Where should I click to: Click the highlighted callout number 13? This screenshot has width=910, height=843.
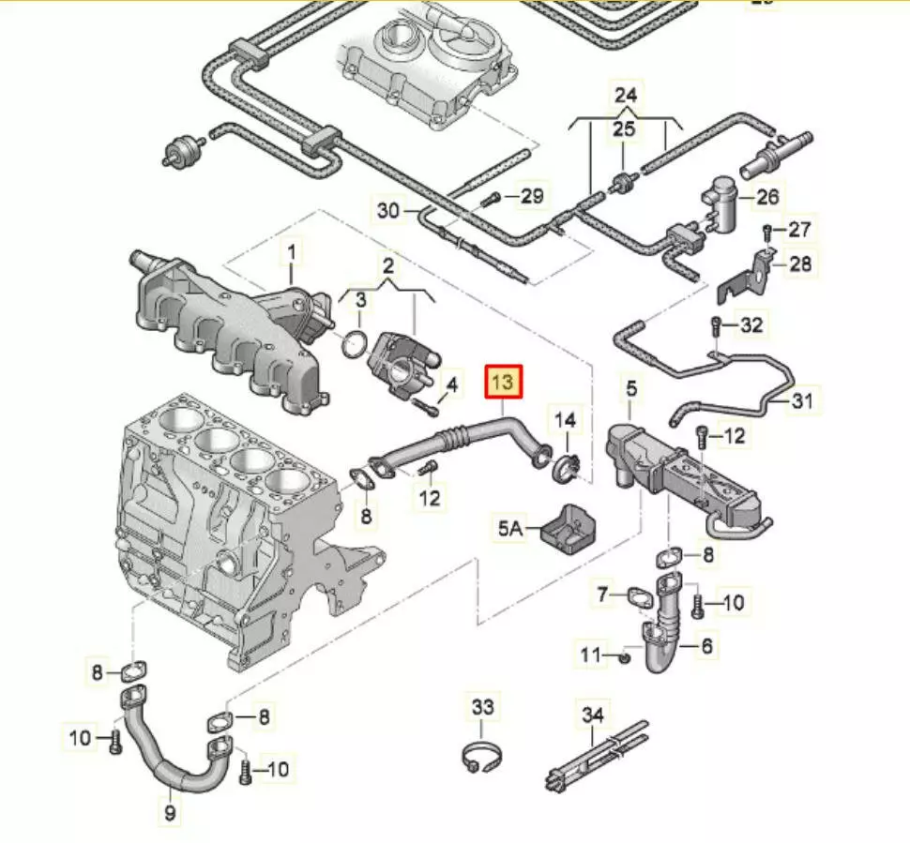[503, 382]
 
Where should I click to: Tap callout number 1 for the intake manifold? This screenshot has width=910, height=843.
[291, 251]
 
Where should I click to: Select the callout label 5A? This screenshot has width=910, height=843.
[510, 529]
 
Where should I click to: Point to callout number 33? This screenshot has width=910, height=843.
[481, 706]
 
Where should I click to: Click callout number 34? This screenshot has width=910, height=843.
[592, 716]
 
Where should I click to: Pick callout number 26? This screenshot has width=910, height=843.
[767, 198]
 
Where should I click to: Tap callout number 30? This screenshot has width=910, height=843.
[389, 210]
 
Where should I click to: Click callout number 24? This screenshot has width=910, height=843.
[626, 95]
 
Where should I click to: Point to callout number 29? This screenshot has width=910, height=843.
[532, 197]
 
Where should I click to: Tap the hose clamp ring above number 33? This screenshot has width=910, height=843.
[480, 759]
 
